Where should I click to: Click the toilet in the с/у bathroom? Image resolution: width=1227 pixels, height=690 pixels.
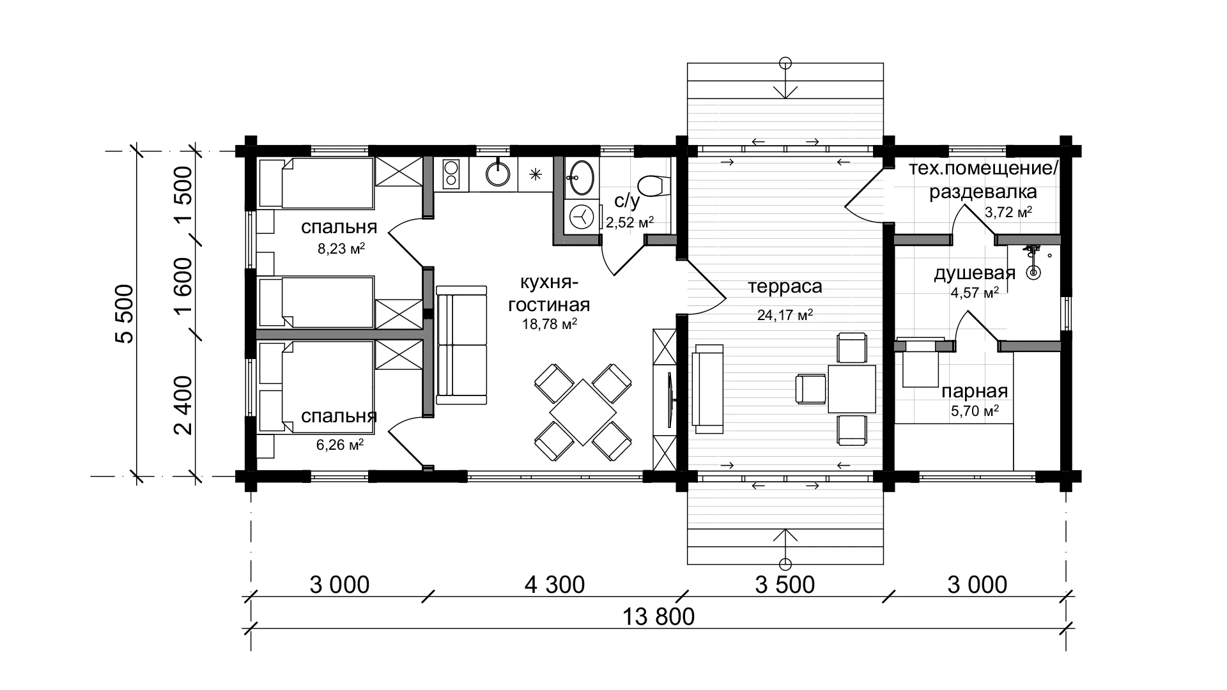[x=651, y=186]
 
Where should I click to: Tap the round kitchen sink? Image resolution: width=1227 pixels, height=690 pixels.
[x=497, y=173]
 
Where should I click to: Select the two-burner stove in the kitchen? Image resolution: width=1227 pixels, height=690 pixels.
[x=451, y=174]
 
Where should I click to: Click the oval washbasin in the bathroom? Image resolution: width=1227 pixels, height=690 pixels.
[x=580, y=176]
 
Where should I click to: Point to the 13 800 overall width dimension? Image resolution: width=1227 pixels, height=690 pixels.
[x=658, y=617]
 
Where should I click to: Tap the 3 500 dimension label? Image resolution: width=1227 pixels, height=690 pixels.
[x=785, y=584]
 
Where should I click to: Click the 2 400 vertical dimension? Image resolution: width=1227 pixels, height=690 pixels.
[x=183, y=405]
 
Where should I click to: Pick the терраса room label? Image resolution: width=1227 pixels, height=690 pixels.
[x=785, y=286]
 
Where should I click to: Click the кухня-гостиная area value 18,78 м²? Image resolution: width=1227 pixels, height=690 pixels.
[x=550, y=324]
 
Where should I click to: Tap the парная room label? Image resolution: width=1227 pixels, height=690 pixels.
[x=975, y=391]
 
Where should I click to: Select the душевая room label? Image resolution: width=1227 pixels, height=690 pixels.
[x=975, y=273]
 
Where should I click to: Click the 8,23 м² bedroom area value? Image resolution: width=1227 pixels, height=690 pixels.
[x=341, y=249]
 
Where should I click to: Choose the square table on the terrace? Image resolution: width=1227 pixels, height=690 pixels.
[x=852, y=388]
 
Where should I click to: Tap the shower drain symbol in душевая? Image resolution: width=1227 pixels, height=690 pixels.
[x=1033, y=273]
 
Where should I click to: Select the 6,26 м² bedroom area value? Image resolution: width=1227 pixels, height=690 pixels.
[x=340, y=444]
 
